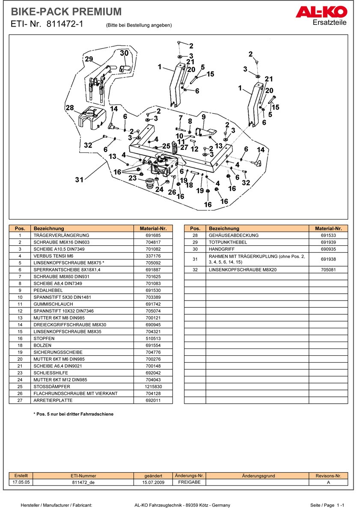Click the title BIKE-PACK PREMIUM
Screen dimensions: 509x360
point(66,12)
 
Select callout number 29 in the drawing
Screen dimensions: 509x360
point(89,59)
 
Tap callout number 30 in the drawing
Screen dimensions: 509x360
point(124,53)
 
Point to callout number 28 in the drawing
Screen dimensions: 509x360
point(70,107)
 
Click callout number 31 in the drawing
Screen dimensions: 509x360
point(79,180)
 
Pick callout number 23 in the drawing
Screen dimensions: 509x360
point(133,178)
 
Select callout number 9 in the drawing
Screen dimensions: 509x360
point(204,116)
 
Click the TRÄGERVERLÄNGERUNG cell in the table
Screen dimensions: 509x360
point(61,235)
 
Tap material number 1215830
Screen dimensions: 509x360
point(153,386)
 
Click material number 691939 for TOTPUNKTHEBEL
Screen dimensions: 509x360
point(328,242)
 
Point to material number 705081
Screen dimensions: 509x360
point(328,270)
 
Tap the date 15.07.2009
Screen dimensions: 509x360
point(154,482)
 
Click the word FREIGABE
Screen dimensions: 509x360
point(189,482)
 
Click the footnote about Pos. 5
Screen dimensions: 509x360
point(73,414)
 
